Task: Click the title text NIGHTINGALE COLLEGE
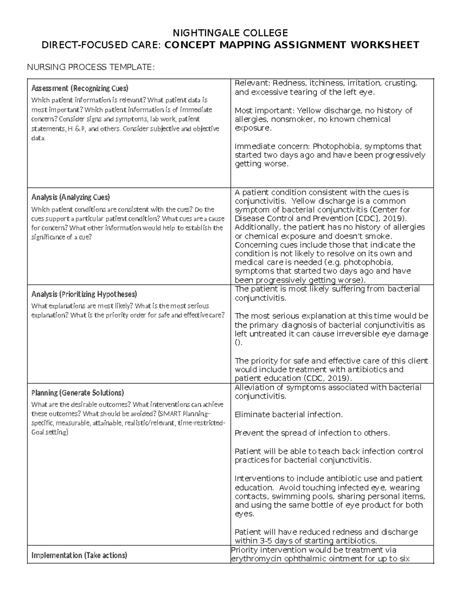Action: coord(230,32)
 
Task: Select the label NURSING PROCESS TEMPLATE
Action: coord(90,68)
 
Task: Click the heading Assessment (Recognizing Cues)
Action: coord(80,88)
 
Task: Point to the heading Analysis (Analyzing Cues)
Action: coord(70,197)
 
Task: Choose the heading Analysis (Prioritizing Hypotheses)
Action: coord(84,294)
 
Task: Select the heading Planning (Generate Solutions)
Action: coord(77,393)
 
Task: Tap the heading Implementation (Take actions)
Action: coord(79,555)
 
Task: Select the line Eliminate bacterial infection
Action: coord(288,414)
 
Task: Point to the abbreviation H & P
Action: coord(76,129)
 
